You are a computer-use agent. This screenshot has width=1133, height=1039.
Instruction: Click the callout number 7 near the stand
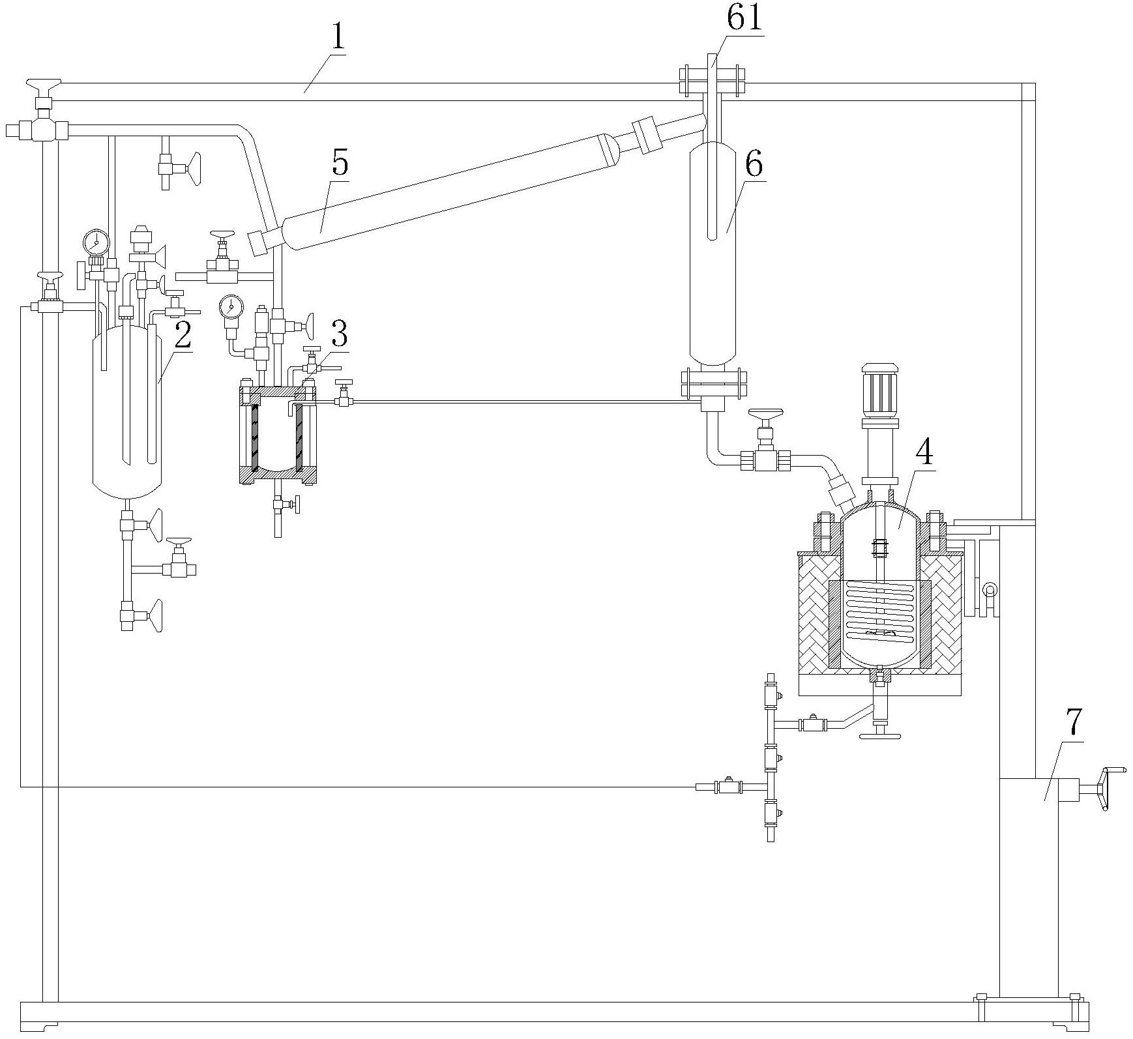click(x=1074, y=723)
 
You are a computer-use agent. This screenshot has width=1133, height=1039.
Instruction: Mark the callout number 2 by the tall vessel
click(x=183, y=335)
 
